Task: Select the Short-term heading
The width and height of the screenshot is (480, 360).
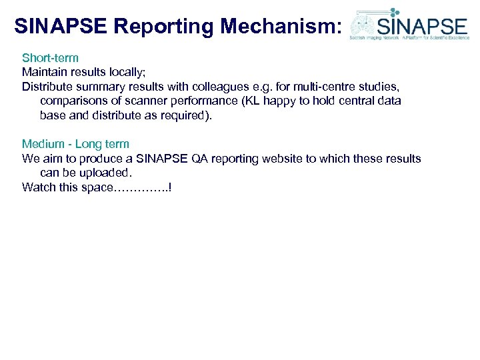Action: click(x=50, y=58)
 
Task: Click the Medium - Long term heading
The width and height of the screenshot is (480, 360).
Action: click(x=75, y=144)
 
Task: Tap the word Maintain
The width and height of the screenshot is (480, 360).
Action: click(x=43, y=72)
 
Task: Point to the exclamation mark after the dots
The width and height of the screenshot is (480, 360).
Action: click(x=171, y=187)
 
